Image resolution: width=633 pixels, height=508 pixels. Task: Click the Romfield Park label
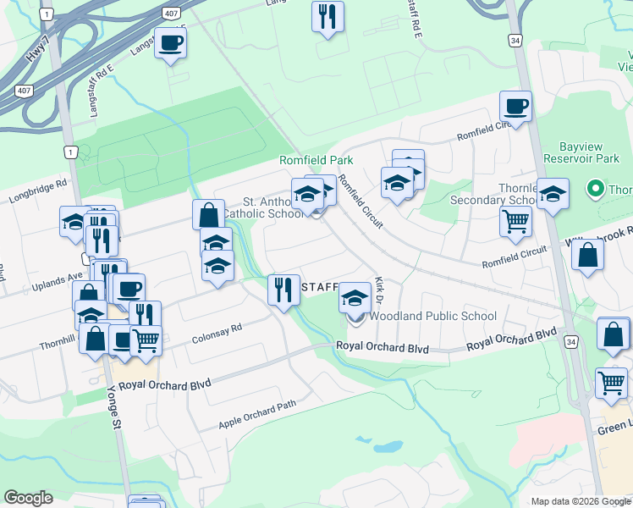(x=316, y=160)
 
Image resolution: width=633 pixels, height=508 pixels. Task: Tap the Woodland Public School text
(x=432, y=317)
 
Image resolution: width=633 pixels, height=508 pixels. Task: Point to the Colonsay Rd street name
(x=217, y=329)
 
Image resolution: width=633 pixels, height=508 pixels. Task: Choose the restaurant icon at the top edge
(x=328, y=15)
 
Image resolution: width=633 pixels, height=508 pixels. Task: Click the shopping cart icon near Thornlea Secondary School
(x=515, y=221)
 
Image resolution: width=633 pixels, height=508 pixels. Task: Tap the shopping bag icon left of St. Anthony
(x=207, y=214)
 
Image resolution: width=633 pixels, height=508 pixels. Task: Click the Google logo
(x=28, y=498)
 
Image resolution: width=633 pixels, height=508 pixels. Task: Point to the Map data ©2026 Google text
(x=580, y=501)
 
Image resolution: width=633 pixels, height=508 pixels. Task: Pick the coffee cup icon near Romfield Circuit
(x=515, y=106)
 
